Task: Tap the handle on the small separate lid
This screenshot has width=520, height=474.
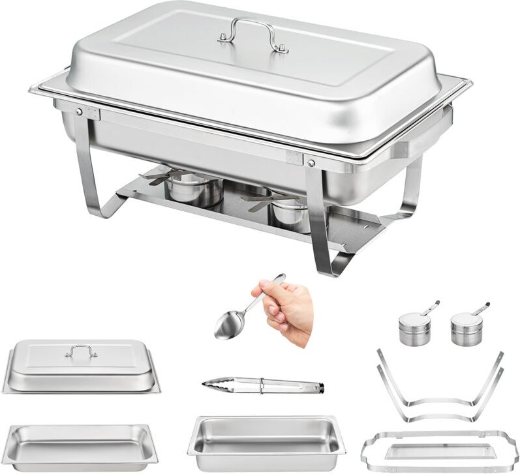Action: (81, 351)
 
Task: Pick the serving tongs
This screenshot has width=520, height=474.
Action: (261, 385)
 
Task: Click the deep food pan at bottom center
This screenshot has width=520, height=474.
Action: (266, 441)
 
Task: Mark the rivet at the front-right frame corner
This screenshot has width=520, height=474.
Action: (311, 162)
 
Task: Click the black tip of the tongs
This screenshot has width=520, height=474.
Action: (317, 389)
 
